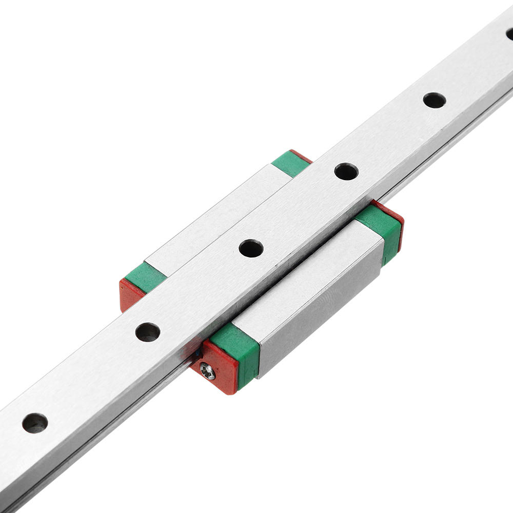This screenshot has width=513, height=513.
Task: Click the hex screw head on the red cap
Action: coord(207,370)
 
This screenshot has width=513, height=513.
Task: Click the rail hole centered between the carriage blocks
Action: coord(251,248)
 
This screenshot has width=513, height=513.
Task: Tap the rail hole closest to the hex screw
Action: coord(147,332)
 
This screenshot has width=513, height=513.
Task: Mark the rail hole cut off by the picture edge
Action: coord(509,34)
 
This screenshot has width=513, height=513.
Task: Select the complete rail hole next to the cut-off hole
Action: coord(434,100)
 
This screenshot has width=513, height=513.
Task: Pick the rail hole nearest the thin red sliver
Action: coord(346,171)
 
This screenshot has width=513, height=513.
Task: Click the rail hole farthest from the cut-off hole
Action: coord(35,423)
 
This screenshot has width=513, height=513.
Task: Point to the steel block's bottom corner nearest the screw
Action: coord(260,377)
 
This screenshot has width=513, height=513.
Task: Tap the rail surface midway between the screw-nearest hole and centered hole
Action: coord(199,290)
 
